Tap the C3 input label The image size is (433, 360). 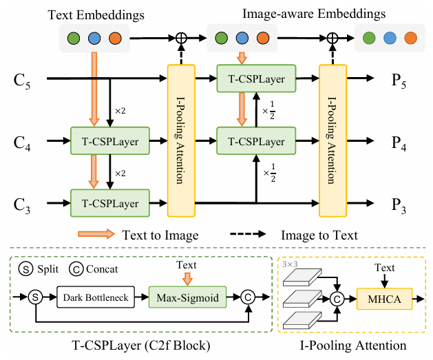23,204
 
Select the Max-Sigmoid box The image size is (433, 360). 182,298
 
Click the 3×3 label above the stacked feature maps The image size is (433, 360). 291,264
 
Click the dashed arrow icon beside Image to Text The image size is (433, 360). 251,235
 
